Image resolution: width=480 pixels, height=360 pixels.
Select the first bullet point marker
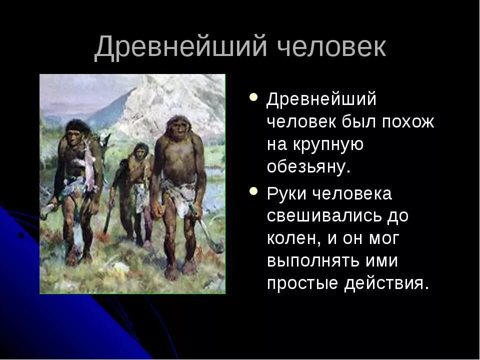pos(254,97)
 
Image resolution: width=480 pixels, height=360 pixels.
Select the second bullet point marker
pos(254,191)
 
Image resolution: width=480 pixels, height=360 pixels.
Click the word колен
pos(292,238)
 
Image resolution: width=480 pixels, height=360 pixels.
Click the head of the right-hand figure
pos(177,127)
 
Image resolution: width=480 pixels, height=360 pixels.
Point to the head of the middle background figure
pos(141,150)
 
